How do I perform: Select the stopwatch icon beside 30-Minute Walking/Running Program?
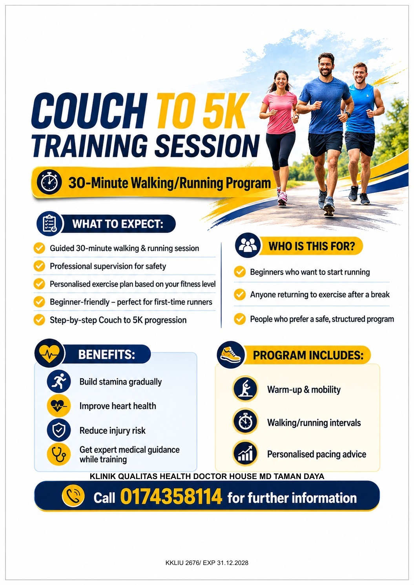coord(49,182)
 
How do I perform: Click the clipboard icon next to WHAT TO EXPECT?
coord(49,224)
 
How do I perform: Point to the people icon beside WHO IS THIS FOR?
coord(247,246)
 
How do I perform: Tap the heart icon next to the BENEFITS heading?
coord(49,354)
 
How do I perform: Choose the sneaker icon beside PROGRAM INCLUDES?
coord(231,355)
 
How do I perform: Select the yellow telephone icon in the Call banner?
coord(73,496)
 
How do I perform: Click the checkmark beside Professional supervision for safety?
coord(40,266)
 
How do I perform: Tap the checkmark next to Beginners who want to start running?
coord(239,272)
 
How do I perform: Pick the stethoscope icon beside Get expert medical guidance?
coord(59,454)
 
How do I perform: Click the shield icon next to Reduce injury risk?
coord(59,430)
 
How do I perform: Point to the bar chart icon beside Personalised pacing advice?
coord(245,454)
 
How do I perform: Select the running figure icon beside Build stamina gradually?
coord(59,381)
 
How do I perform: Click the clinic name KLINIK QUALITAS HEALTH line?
coord(207,476)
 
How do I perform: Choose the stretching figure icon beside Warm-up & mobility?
coord(245,389)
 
